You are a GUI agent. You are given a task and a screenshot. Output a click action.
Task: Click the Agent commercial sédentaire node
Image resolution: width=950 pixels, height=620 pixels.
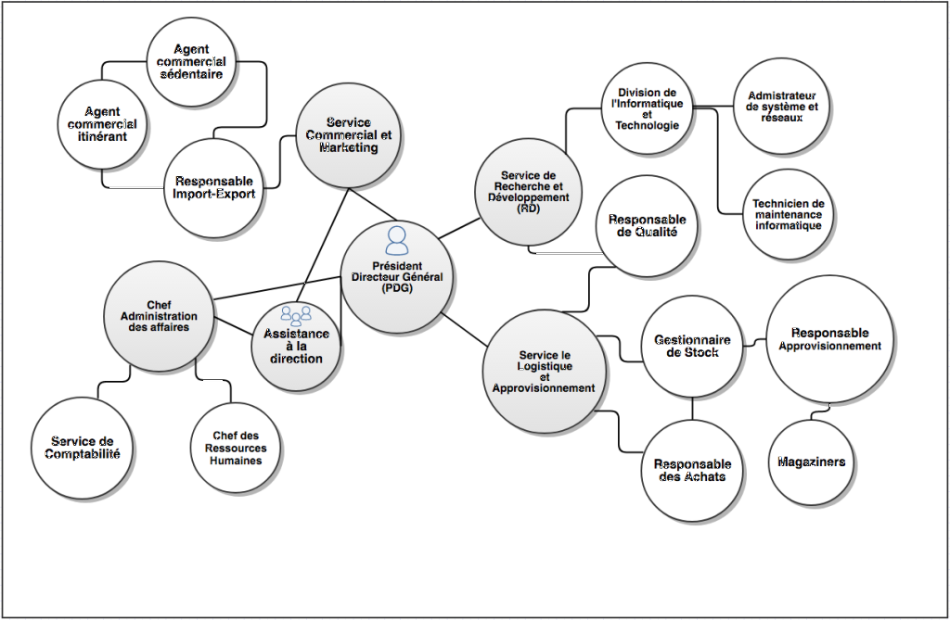(x=190, y=61)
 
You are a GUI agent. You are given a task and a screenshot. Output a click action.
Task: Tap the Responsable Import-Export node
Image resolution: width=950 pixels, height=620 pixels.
(x=214, y=187)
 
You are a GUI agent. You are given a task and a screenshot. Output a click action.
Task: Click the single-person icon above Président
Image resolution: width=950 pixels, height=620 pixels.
(x=397, y=241)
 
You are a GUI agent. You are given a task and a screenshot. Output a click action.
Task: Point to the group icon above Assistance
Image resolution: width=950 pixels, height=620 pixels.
(x=296, y=315)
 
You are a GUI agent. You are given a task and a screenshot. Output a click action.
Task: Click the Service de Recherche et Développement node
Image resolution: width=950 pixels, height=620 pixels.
(x=527, y=193)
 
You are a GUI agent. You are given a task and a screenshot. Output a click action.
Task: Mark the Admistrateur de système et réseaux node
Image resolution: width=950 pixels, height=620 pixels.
(x=782, y=107)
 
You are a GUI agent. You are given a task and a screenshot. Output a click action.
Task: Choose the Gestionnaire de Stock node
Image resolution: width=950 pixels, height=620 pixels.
(x=692, y=346)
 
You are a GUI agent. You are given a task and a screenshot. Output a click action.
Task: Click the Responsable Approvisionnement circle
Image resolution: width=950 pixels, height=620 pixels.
(x=829, y=339)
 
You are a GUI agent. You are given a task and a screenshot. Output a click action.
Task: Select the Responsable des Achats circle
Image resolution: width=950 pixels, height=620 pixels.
(x=692, y=470)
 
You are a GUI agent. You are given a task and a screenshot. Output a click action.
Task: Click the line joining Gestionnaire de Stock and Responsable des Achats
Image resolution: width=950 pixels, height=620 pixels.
(x=692, y=411)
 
